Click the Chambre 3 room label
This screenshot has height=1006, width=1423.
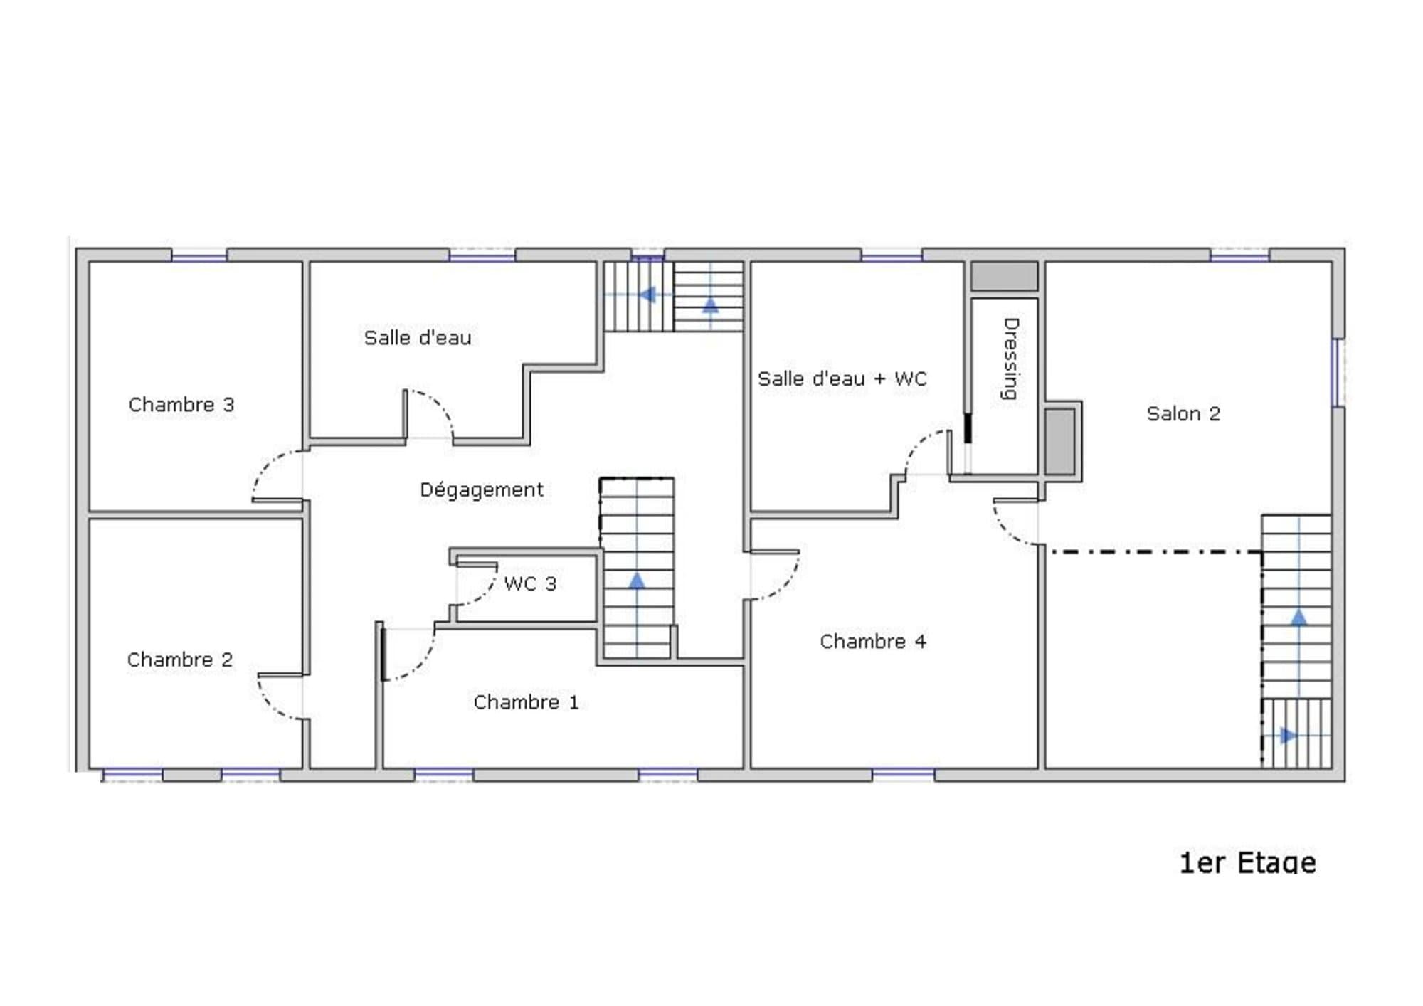[x=181, y=405]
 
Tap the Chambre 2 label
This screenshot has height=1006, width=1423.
[x=180, y=660]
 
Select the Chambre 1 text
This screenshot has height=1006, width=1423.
[x=526, y=702]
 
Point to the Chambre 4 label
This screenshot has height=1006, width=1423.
[x=873, y=641]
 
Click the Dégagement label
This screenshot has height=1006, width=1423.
[x=482, y=490]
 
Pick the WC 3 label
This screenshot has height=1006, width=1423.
[x=530, y=583]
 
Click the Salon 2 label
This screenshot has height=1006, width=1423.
[x=1183, y=413]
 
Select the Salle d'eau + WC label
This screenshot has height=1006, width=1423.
[x=842, y=378]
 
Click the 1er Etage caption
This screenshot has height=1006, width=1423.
[x=1248, y=863]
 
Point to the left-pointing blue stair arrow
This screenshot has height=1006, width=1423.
[x=647, y=295]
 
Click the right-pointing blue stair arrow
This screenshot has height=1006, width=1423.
[x=1289, y=735]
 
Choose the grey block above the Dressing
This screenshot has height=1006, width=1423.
[x=1005, y=276]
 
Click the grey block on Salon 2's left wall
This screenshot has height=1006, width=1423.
[x=1059, y=441]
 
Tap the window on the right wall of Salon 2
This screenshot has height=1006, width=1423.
[x=1338, y=372]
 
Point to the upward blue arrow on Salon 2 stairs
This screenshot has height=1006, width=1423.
[x=1298, y=618]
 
